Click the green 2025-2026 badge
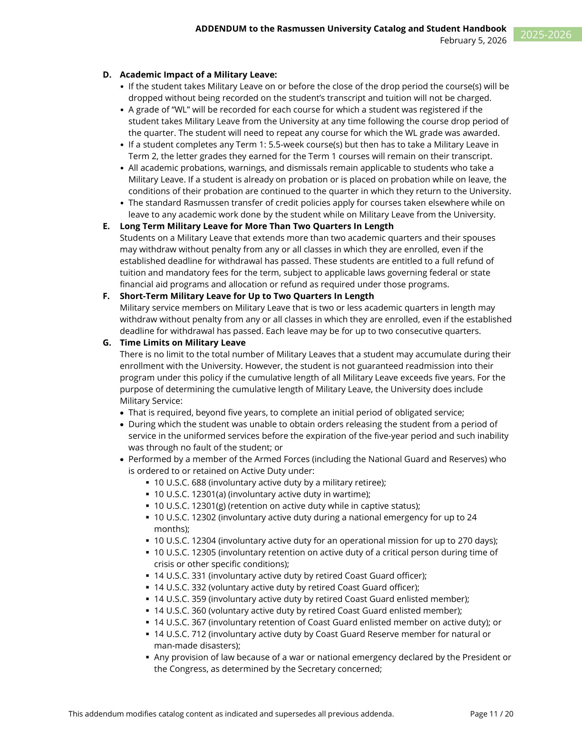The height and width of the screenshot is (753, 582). pyautogui.click(x=546, y=35)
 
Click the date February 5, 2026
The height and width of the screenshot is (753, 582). pyautogui.click(x=473, y=40)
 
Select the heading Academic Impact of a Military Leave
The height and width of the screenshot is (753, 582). pyautogui.click(x=198, y=75)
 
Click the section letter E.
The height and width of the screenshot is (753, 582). pyautogui.click(x=106, y=226)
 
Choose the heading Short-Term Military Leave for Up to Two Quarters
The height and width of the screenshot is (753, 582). pyautogui.click(x=246, y=296)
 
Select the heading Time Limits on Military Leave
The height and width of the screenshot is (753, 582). pyautogui.click(x=183, y=343)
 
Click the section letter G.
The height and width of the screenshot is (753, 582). pyautogui.click(x=107, y=343)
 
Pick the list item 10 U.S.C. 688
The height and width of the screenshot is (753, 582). pyautogui.click(x=180, y=483)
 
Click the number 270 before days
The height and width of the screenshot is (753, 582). pyautogui.click(x=466, y=541)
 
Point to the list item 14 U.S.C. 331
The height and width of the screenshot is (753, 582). pyautogui.click(x=180, y=576)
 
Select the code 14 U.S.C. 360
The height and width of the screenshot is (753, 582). pyautogui.click(x=180, y=611)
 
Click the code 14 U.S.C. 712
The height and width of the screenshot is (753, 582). pyautogui.click(x=180, y=634)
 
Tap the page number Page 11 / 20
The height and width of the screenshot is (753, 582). pyautogui.click(x=492, y=714)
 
